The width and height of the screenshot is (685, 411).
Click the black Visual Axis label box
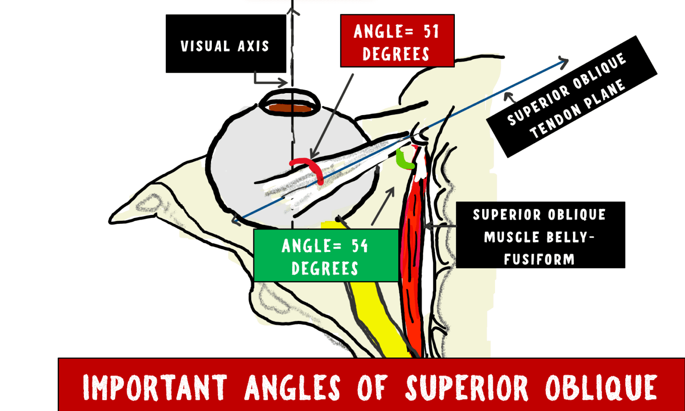coord(225,44)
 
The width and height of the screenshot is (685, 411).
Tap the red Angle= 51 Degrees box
coord(397,41)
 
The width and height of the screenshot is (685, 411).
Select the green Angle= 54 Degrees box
coord(326,256)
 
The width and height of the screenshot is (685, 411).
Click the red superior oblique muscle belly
coord(412,250)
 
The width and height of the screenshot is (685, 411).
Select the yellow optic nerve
coord(375,312)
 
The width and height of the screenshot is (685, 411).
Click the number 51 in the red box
coord(431,32)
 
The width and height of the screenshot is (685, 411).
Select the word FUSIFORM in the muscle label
coord(539,259)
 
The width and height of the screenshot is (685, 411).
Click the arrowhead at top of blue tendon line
coord(565,62)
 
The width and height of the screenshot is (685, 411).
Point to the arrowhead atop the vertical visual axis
coord(293,10)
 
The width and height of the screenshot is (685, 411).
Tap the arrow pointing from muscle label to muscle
coord(439,226)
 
